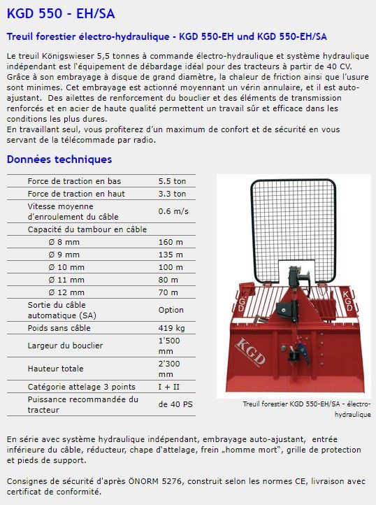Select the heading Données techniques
tap(59, 159)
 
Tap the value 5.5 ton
tap(172, 180)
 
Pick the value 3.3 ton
tap(172, 194)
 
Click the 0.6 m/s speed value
tap(173, 211)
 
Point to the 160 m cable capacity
tap(171, 242)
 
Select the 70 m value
tap(168, 292)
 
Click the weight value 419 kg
tap(171, 327)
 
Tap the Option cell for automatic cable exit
tap(171, 310)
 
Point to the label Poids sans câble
tap(59, 327)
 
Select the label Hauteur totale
tap(56, 368)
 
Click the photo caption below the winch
tap(306, 408)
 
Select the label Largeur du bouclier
tap(65, 346)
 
